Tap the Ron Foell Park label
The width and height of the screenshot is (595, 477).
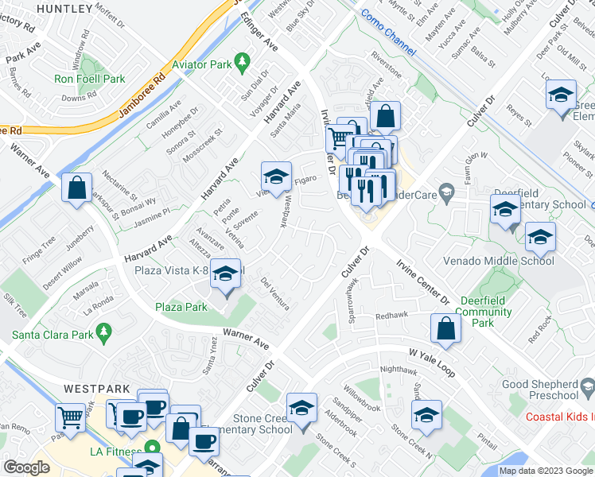(91, 79)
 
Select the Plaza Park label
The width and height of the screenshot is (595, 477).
(181, 307)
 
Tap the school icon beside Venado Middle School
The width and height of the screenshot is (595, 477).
(540, 237)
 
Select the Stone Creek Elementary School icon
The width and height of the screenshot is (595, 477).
(301, 409)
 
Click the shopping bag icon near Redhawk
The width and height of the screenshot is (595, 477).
(447, 327)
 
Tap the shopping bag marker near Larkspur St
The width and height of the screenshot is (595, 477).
(76, 188)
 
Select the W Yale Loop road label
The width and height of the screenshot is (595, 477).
(431, 352)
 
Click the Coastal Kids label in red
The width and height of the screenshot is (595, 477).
(560, 417)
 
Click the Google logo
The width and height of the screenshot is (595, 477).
(27, 467)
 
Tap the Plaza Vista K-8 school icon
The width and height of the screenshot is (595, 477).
(227, 274)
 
